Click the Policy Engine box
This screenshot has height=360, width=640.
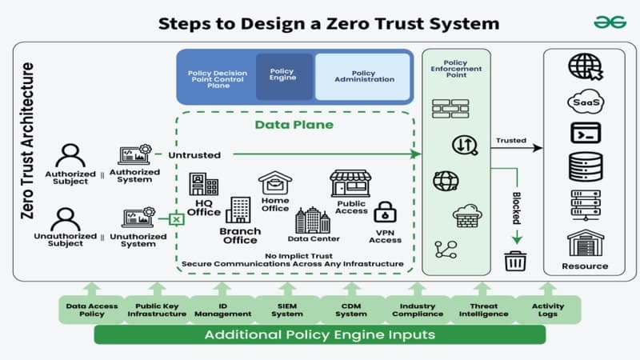pos(283,76)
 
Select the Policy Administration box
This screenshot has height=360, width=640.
pos(362,76)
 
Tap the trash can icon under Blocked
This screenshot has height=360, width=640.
pos(514,261)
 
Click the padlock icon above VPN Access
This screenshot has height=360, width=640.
pos(386,212)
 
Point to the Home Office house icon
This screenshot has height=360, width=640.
pos(275,183)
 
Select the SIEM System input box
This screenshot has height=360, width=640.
pos(287,310)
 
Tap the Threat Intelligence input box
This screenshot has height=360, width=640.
pos(482,310)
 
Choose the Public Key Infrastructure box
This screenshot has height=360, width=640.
pos(157,310)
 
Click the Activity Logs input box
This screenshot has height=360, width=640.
pos(547,310)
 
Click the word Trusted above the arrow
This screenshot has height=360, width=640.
pos(511,141)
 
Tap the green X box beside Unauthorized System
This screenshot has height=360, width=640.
pos(177,218)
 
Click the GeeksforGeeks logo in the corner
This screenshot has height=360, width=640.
pos(610,22)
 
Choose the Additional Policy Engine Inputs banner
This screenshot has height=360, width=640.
pos(319,334)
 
